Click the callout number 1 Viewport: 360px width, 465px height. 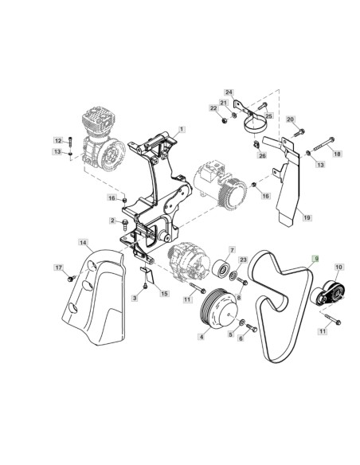(182, 128)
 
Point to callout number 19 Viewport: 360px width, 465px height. (307, 217)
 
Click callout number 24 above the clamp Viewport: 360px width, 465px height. (229, 92)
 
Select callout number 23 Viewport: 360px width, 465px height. (244, 258)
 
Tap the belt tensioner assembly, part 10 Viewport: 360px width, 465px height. (325, 295)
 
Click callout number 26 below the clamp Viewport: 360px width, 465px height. (261, 155)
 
